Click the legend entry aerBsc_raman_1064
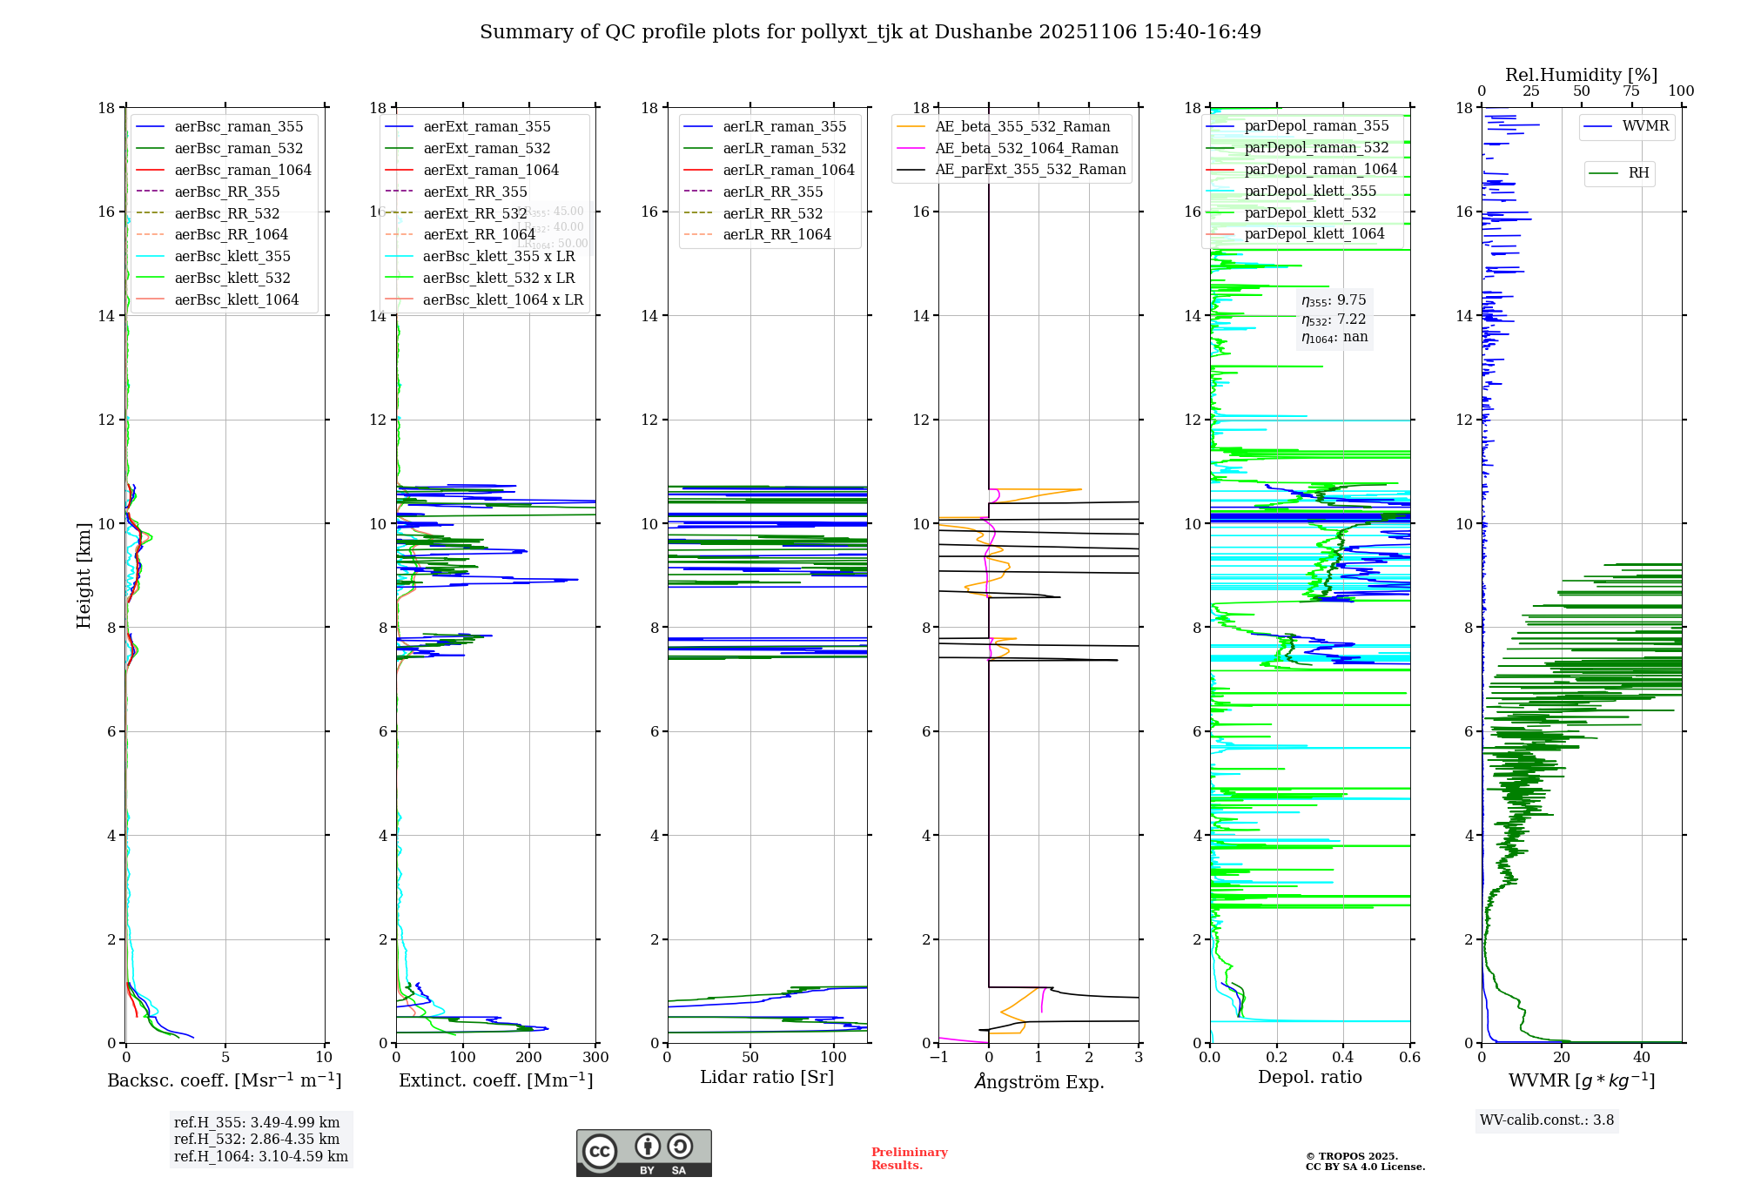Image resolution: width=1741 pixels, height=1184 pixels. [242, 171]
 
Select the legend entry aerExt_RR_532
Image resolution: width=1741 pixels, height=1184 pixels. [474, 213]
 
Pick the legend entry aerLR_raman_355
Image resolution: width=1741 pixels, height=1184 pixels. [783, 127]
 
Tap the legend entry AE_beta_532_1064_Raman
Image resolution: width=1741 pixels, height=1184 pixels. [1026, 149]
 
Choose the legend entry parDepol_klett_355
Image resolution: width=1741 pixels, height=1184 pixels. [1309, 192]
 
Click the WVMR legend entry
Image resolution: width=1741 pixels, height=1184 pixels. [1644, 126]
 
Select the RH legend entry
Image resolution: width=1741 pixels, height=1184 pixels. [1637, 173]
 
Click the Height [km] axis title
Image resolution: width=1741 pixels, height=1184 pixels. [84, 575]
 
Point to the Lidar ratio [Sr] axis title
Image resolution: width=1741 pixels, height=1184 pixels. [766, 1078]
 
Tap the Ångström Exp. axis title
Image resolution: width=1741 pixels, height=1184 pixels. [1039, 1082]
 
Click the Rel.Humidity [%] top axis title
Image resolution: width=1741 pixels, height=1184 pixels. [1581, 75]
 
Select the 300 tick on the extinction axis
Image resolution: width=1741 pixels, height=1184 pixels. [596, 1058]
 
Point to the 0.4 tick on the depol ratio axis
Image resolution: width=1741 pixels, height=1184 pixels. [1343, 1058]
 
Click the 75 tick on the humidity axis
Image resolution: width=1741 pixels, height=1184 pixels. [1631, 91]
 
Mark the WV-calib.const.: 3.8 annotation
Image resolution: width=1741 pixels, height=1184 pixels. [1547, 1120]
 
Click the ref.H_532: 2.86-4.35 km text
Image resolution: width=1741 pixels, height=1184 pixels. [257, 1140]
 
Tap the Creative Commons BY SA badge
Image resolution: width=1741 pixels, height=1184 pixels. [643, 1153]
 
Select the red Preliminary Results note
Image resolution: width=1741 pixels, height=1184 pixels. [909, 1159]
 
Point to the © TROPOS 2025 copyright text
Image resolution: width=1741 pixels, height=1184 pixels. [1351, 1156]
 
